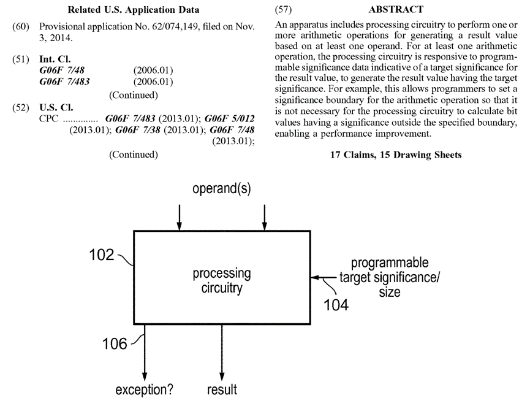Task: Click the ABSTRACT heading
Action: [396, 10]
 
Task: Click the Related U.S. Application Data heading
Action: [134, 10]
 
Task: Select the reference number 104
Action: [335, 303]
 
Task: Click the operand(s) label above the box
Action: [222, 188]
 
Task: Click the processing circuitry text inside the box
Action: [222, 280]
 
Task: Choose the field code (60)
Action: [20, 28]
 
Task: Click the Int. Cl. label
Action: [55, 59]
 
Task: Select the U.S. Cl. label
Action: [56, 107]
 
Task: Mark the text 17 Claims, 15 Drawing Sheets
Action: [396, 155]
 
